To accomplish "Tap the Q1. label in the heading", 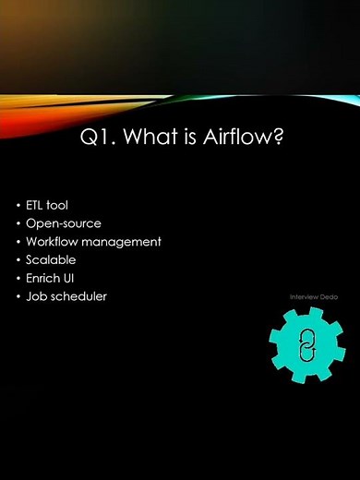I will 97,137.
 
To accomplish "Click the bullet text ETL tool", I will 47,205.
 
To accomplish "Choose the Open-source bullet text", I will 64,223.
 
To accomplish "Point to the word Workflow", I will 54,242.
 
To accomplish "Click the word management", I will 124,242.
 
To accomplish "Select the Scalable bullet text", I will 51,259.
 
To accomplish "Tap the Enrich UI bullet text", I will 52,278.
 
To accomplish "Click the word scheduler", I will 78,296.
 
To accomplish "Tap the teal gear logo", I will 307,343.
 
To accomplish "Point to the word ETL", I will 37,205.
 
